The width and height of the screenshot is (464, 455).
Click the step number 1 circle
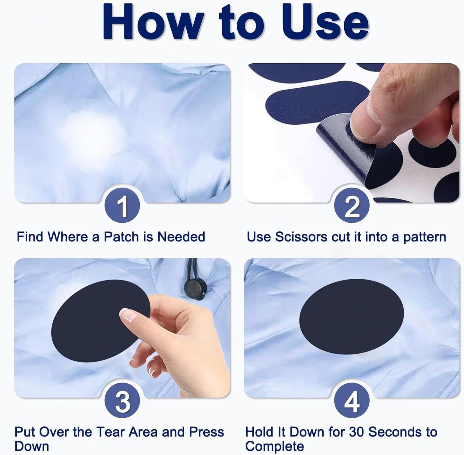[x=122, y=205]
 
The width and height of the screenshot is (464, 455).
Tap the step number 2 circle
[x=352, y=205]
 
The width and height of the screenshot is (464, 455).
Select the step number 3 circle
[x=122, y=400]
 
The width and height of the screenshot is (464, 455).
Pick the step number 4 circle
[x=352, y=400]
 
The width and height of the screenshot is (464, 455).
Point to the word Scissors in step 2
[x=301, y=237]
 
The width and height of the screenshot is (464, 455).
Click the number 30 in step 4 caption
[x=356, y=431]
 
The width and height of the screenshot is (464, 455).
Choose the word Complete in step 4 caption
[x=275, y=446]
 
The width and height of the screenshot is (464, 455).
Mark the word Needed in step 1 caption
[x=181, y=237]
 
